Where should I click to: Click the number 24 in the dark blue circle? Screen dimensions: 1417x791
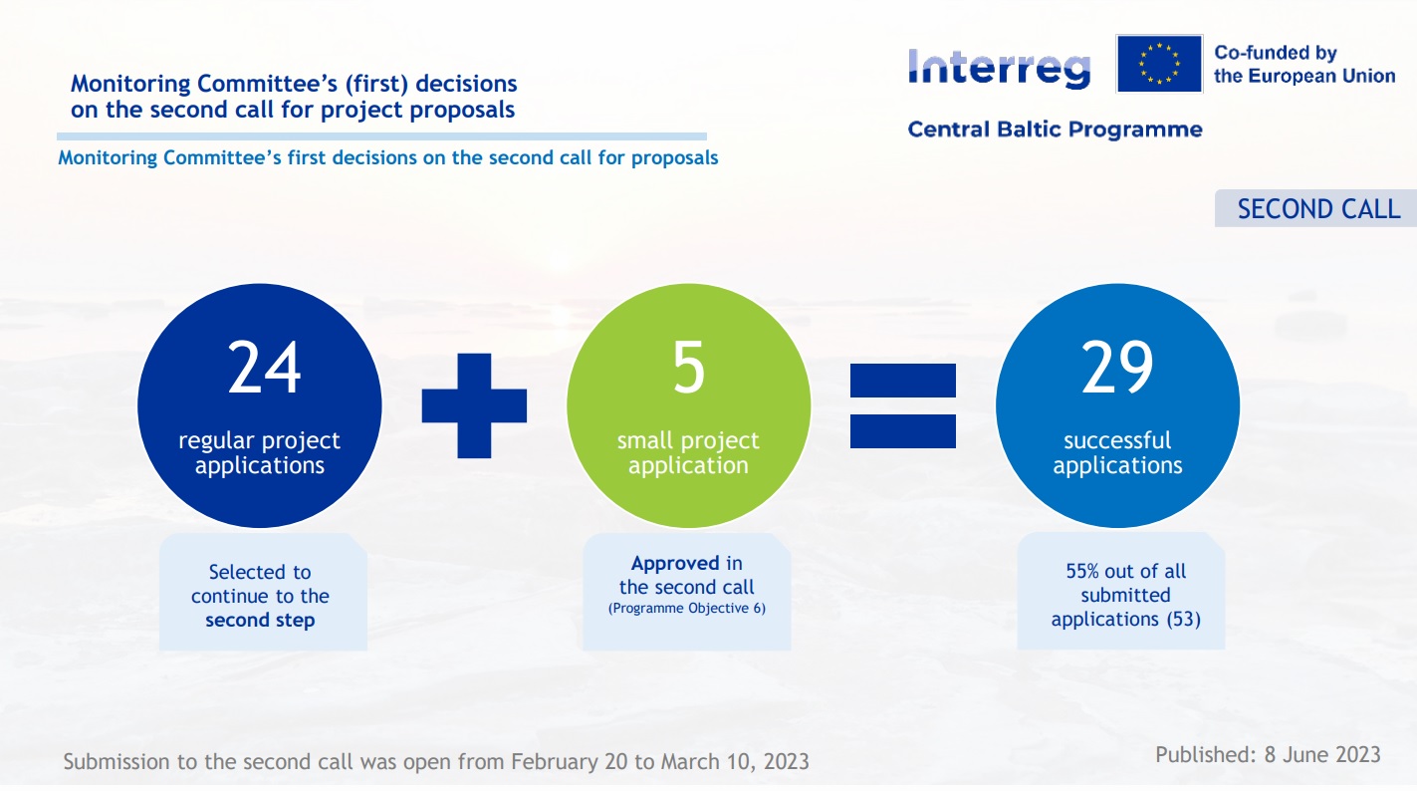point(264,368)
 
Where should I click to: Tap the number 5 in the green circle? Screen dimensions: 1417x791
point(688,368)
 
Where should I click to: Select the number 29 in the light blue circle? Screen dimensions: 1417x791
point(1117,368)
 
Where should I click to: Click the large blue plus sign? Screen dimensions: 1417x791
point(474,405)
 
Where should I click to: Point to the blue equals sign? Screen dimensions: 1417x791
point(903,405)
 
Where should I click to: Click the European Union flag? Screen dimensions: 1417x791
point(1159,64)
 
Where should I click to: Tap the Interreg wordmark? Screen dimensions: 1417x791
point(1000,69)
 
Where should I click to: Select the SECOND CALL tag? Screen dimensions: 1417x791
point(1315,208)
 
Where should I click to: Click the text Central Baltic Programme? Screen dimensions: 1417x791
point(1055,130)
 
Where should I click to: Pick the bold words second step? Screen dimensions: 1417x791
point(260,620)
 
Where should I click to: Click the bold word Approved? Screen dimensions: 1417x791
point(675,563)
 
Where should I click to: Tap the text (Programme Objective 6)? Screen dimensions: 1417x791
point(687,608)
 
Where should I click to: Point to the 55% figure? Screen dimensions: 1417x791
point(1082,572)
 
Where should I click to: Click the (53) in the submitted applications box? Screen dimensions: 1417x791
point(1184,619)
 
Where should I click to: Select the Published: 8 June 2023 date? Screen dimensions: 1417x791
point(1268,755)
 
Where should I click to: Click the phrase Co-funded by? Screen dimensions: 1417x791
point(1276,53)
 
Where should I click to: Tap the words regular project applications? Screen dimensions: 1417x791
point(259,453)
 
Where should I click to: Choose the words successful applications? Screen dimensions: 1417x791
point(1117,453)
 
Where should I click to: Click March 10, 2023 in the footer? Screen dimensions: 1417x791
point(735,761)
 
